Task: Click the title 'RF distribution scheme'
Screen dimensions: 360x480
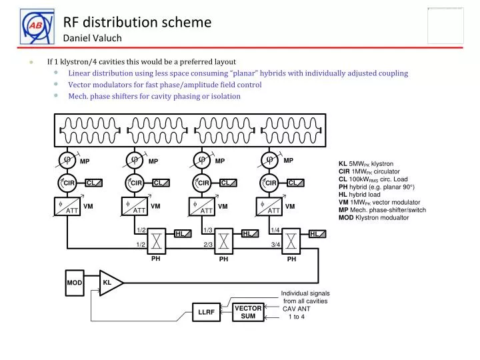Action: (137, 22)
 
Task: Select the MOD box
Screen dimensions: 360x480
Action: (74, 283)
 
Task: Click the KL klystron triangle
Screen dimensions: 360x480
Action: (109, 283)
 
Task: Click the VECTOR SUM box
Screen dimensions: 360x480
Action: (248, 312)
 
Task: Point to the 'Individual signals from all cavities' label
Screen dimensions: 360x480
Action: (305, 297)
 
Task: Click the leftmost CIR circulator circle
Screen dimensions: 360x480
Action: (68, 183)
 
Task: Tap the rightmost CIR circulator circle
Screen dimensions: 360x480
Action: (271, 183)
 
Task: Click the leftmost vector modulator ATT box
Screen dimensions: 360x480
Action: (68, 207)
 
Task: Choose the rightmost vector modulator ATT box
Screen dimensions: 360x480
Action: (270, 207)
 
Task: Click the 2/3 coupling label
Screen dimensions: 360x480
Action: (208, 245)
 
